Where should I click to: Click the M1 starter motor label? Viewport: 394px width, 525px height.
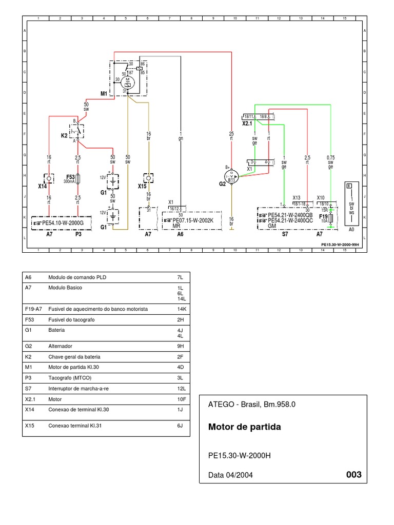[x=104, y=94]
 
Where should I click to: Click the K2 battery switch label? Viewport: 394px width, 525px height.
[x=65, y=135]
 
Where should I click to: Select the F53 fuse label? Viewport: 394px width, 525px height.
[x=71, y=176]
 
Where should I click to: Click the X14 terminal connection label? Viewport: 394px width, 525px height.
[x=42, y=187]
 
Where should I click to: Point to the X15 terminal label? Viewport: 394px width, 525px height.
[x=142, y=187]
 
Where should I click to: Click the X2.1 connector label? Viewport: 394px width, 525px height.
[x=247, y=124]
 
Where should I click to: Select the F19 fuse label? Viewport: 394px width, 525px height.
[x=323, y=216]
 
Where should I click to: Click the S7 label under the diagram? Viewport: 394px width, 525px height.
[x=285, y=234]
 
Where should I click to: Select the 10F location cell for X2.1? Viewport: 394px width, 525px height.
[x=180, y=398]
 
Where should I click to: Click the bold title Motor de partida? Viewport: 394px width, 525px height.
[x=245, y=427]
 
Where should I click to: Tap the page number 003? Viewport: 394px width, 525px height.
[x=354, y=474]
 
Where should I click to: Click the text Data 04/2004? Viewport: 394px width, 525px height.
[x=230, y=475]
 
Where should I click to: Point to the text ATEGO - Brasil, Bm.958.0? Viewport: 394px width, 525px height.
[x=252, y=404]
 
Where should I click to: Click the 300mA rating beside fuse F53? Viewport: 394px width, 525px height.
[x=69, y=181]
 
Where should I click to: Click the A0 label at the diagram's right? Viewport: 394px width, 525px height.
[x=351, y=230]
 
